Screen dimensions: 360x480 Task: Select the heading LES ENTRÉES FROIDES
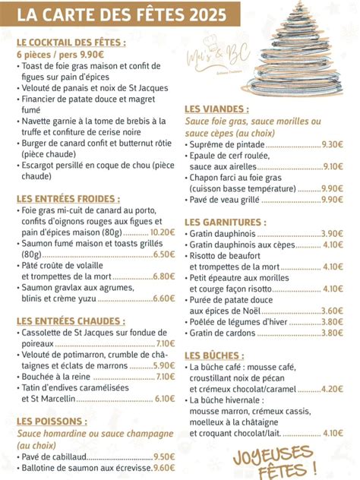68,198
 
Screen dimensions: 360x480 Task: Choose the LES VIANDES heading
216,109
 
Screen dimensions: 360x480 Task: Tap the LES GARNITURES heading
226,222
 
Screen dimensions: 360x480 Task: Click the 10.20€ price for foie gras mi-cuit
163,232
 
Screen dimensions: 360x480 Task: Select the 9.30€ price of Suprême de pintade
333,144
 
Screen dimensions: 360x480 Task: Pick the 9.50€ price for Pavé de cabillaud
164,456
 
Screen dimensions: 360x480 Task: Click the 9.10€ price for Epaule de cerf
333,166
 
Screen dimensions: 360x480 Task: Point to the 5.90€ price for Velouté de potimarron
164,365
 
